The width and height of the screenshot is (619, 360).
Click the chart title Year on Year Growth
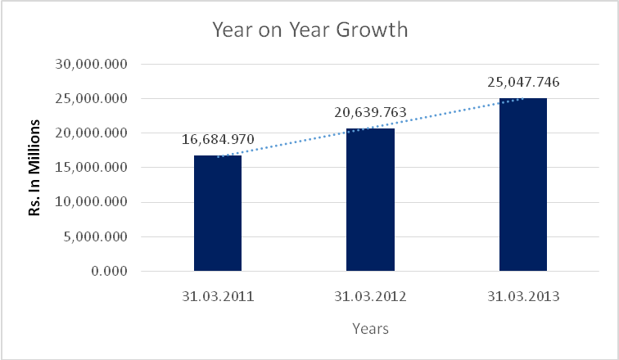pyautogui.click(x=309, y=31)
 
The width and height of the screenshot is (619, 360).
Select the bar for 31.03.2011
pyautogui.click(x=218, y=213)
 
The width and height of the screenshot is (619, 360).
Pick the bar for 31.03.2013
pyautogui.click(x=522, y=184)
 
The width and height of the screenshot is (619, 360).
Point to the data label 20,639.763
pyautogui.click(x=370, y=112)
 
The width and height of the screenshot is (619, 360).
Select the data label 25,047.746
pyautogui.click(x=522, y=82)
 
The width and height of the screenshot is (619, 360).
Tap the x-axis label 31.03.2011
pyautogui.click(x=218, y=297)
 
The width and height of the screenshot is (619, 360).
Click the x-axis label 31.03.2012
pyautogui.click(x=370, y=297)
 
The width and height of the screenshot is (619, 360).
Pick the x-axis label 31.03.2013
pyautogui.click(x=522, y=297)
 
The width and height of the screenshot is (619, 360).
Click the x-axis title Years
pyautogui.click(x=370, y=329)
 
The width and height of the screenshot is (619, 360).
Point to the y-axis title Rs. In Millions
pyautogui.click(x=35, y=168)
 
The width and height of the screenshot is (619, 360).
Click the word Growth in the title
pyautogui.click(x=372, y=31)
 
